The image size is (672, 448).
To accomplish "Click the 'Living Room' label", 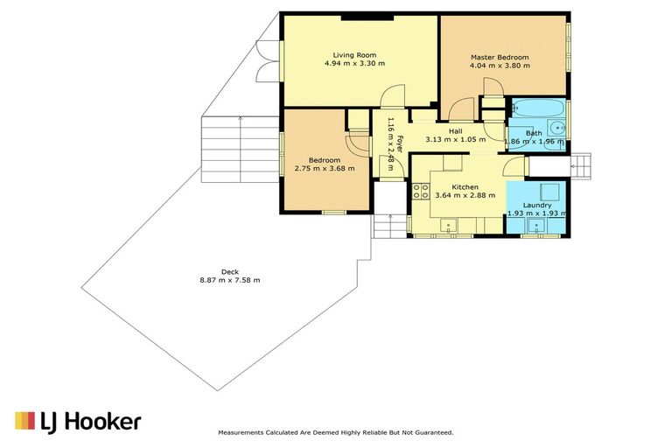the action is (354, 55).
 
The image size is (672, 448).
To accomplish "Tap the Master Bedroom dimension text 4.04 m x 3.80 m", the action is (500, 66).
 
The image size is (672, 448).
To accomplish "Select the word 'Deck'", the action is (230, 272).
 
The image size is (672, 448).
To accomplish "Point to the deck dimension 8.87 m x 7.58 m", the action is (230, 280).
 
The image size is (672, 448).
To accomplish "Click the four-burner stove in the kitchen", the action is (421, 192).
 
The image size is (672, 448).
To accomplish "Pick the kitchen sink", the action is (448, 226).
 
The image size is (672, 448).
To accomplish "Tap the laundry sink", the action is (535, 226).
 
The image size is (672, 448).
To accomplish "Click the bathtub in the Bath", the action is (538, 108).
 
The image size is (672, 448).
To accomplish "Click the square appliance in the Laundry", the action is (549, 192).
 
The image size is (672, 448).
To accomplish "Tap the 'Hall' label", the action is (456, 131).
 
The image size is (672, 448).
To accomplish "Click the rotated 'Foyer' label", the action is (399, 144).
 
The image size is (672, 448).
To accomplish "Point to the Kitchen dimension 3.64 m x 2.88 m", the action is (465, 195).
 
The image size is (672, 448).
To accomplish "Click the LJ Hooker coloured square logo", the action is (24, 421).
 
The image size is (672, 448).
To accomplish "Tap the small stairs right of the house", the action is (581, 166).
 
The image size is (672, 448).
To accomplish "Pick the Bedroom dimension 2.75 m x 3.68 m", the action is (325, 169).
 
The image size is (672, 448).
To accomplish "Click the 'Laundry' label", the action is (537, 206).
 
